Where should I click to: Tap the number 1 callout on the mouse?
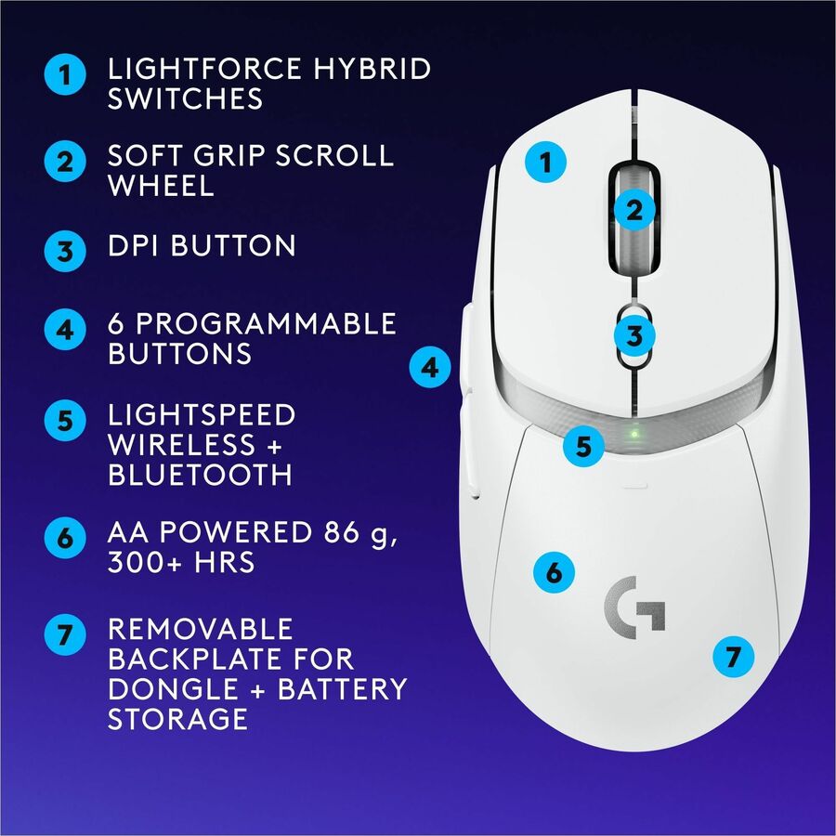click(547, 163)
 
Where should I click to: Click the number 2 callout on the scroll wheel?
click(634, 210)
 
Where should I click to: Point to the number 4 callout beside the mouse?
click(429, 368)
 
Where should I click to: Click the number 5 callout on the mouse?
click(583, 446)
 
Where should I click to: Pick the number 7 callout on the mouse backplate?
click(733, 658)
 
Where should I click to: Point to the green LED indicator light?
click(633, 433)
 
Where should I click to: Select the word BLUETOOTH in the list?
click(200, 475)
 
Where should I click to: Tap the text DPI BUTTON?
click(202, 246)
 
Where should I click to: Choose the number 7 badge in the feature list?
click(63, 636)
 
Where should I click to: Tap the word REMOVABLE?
click(200, 629)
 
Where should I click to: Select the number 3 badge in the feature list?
click(63, 249)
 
